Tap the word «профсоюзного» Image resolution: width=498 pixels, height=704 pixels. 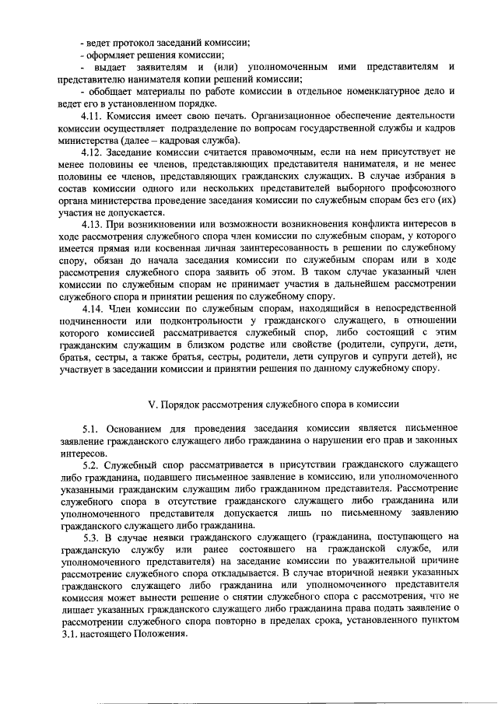(x=421, y=190)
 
